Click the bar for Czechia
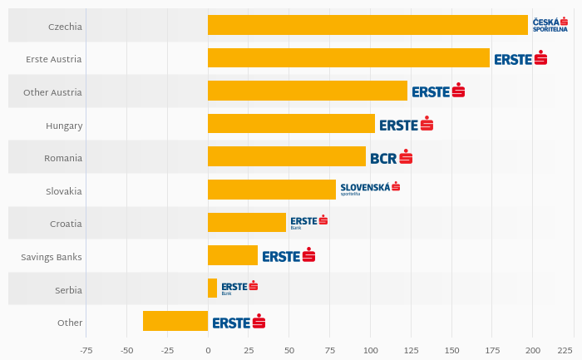point(367,25)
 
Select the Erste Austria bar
point(348,58)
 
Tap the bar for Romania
point(287,156)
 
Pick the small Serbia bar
point(212,288)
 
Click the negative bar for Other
point(175,321)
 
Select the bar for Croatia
point(247,222)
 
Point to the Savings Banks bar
point(233,255)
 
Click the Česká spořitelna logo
point(550,25)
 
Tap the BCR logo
point(391,157)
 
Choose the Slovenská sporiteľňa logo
point(370,189)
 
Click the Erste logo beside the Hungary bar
point(406,125)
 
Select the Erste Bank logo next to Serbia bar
point(239,288)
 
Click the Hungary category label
point(64,126)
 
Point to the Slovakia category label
point(64,191)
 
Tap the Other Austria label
point(53,92)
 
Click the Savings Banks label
point(52,257)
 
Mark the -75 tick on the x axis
point(86,351)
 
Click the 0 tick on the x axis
point(208,351)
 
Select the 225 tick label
point(565,351)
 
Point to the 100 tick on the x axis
point(370,351)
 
